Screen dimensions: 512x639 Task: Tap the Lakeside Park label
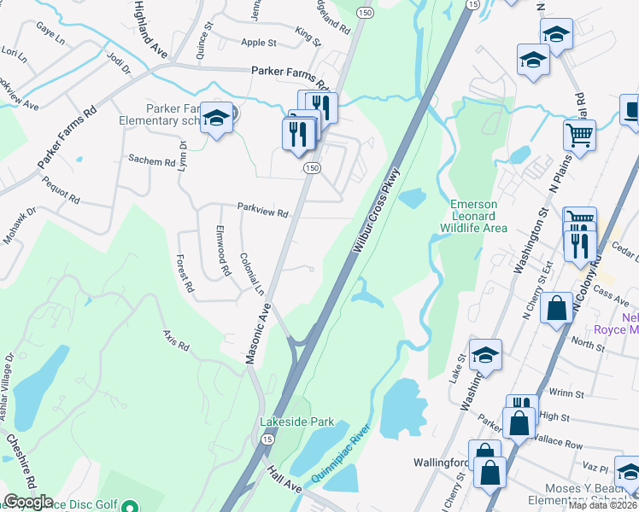pyautogui.click(x=297, y=422)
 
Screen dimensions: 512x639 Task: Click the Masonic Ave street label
pyautogui.click(x=258, y=334)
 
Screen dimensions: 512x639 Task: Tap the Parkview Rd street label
pyautogui.click(x=263, y=210)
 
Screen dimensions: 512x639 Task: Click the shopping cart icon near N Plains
pyautogui.click(x=579, y=134)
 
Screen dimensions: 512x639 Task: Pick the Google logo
pyautogui.click(x=28, y=502)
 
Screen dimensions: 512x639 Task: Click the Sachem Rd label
pyautogui.click(x=151, y=160)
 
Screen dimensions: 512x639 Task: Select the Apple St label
pyautogui.click(x=259, y=43)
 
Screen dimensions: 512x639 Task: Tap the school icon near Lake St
pyautogui.click(x=485, y=354)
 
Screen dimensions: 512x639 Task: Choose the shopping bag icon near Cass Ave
pyautogui.click(x=557, y=308)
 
